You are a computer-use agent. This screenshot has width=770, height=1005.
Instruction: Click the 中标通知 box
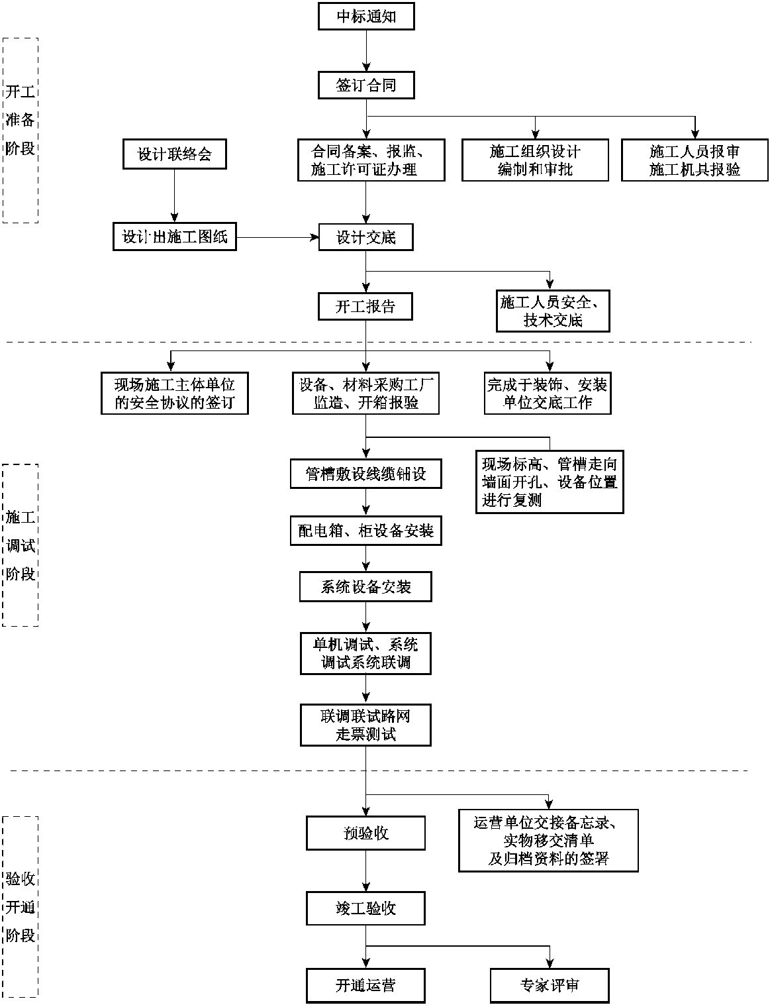pyautogui.click(x=366, y=16)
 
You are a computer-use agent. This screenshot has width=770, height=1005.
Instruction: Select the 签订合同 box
pyautogui.click(x=366, y=85)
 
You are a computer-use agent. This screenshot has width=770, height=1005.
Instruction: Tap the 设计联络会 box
pyautogui.click(x=175, y=154)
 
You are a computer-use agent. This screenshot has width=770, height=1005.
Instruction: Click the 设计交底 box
pyautogui.click(x=366, y=237)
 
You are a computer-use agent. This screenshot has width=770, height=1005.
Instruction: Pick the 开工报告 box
pyautogui.click(x=366, y=307)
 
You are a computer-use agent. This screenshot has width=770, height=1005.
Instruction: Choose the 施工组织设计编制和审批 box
pyautogui.click(x=535, y=160)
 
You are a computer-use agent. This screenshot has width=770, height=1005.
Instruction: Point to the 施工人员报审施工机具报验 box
pyautogui.click(x=695, y=160)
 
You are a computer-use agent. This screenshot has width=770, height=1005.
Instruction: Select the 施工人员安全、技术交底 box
pyautogui.click(x=553, y=311)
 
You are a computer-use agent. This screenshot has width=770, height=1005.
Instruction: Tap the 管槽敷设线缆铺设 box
pyautogui.click(x=366, y=474)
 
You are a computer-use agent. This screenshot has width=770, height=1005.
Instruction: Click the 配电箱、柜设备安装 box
pyautogui.click(x=366, y=531)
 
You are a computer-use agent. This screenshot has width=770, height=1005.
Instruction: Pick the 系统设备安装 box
pyautogui.click(x=366, y=587)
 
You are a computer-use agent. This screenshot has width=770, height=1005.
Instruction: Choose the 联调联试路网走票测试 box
pyautogui.click(x=366, y=725)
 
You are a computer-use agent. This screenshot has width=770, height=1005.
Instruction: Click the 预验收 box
pyautogui.click(x=366, y=833)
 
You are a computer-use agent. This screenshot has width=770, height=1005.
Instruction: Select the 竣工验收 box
pyautogui.click(x=366, y=908)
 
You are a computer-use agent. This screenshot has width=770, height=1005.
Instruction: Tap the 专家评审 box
pyautogui.click(x=550, y=985)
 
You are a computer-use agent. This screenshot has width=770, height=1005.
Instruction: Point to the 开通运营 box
pyautogui.click(x=366, y=985)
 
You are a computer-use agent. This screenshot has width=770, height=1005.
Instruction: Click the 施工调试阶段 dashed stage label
pyautogui.click(x=21, y=545)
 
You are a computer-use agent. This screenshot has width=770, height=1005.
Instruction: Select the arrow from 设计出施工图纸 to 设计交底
pyautogui.click(x=277, y=237)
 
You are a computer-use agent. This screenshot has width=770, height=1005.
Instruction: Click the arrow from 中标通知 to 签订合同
pyautogui.click(x=366, y=50)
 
